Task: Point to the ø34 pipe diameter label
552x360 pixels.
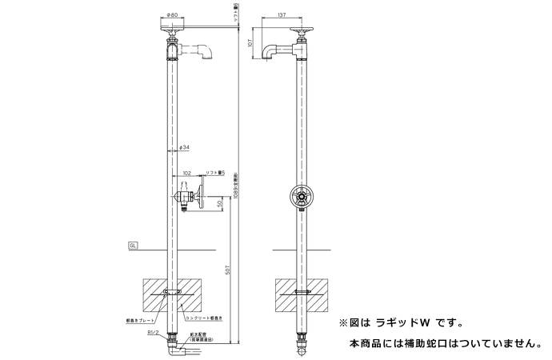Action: [184, 147]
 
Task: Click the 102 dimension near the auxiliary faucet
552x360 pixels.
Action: [187, 172]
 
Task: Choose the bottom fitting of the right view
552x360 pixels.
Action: [302, 347]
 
